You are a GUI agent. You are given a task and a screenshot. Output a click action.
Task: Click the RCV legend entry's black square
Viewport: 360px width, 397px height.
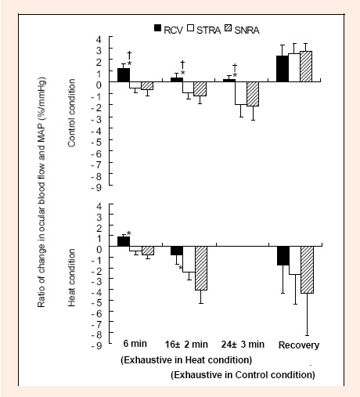pos(158,28)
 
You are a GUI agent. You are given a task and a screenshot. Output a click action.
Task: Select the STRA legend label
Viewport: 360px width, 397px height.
pos(208,31)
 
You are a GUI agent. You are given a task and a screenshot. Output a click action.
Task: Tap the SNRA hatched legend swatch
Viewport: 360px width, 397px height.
pos(229,28)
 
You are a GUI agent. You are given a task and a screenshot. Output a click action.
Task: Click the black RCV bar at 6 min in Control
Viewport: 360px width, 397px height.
pos(124,75)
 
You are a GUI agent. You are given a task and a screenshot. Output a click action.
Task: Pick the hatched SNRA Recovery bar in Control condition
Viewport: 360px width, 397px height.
pos(306,67)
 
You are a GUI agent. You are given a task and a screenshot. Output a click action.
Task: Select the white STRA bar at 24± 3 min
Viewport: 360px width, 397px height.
pos(241,93)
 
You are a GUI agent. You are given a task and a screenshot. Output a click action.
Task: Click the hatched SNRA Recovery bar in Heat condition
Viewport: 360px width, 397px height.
pos(307,269)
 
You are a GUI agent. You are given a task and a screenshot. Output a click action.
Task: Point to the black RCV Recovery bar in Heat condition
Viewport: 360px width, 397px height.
pos(283,255)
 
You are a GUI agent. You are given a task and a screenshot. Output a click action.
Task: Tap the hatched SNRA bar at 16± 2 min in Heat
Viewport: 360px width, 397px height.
pos(201,268)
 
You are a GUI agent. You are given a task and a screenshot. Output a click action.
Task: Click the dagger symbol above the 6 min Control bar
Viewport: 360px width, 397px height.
pos(129,55)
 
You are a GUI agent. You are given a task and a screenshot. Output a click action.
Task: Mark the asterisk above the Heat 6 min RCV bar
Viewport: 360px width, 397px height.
pos(128,233)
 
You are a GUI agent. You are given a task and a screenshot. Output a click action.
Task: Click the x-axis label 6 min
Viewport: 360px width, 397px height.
pos(135,344)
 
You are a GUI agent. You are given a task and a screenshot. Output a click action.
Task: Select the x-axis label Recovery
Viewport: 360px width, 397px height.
pos(299,345)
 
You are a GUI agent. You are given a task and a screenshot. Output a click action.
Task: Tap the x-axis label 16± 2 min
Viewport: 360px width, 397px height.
pos(186,345)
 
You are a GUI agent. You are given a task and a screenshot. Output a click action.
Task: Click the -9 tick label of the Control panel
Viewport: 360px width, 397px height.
pos(96,188)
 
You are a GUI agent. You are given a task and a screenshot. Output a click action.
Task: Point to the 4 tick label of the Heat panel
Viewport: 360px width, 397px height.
pos(99,206)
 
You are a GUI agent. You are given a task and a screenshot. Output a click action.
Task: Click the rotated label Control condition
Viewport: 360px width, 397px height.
pos(71,113)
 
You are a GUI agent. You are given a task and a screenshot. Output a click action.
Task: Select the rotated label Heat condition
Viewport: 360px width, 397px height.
pos(71,277)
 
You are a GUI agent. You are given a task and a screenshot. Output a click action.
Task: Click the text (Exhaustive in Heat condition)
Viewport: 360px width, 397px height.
pos(186,360)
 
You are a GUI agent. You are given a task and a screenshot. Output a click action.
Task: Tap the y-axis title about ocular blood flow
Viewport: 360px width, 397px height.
pos(41,193)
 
